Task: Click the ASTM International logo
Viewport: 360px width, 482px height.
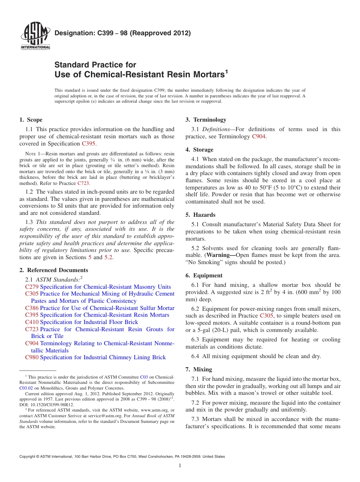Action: pos(35,36)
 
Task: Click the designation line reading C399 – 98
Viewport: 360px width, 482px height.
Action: pos(122,33)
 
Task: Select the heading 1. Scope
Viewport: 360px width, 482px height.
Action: pos(31,120)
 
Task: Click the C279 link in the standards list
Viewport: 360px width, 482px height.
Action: pos(31,287)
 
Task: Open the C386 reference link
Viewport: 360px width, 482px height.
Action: pos(31,308)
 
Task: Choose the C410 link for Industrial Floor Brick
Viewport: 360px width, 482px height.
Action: pos(31,322)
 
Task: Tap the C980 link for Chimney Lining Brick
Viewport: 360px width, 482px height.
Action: pos(31,357)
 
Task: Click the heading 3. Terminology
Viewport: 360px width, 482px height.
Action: pos(206,120)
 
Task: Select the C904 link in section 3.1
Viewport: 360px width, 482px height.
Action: pos(258,136)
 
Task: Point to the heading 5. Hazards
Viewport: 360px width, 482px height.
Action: pos(200,215)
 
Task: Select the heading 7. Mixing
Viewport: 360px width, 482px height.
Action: pos(199,369)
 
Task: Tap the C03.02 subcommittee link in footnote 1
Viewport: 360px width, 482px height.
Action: pos(26,388)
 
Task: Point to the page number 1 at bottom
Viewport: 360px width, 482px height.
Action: pos(180,465)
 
